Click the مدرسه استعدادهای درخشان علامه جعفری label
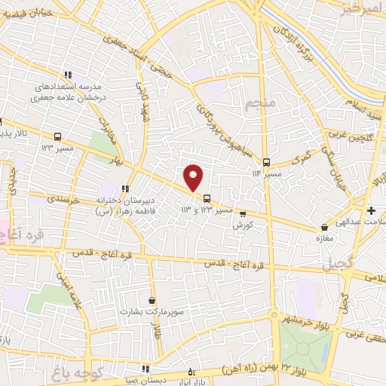[68, 92]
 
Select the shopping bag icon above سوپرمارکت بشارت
[152, 300]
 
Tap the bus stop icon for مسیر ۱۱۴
[266, 161]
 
